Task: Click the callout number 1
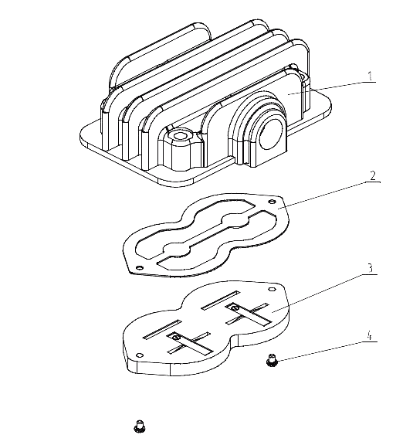[x=370, y=76]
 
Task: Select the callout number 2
[x=373, y=175]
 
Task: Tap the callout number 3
[x=370, y=268]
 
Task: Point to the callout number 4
[x=369, y=335]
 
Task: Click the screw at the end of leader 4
[x=272, y=360]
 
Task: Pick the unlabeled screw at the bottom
[x=140, y=426]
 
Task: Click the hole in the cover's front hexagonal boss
[x=180, y=136]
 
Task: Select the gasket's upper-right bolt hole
[x=272, y=202]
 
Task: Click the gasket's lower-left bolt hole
[x=139, y=267]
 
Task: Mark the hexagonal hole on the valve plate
[x=272, y=289]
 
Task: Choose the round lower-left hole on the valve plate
[x=140, y=355]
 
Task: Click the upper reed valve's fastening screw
[x=234, y=307]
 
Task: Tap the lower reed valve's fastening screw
[x=177, y=337]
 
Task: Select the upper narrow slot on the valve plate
[x=220, y=301]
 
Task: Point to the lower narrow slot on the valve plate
[x=162, y=329]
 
